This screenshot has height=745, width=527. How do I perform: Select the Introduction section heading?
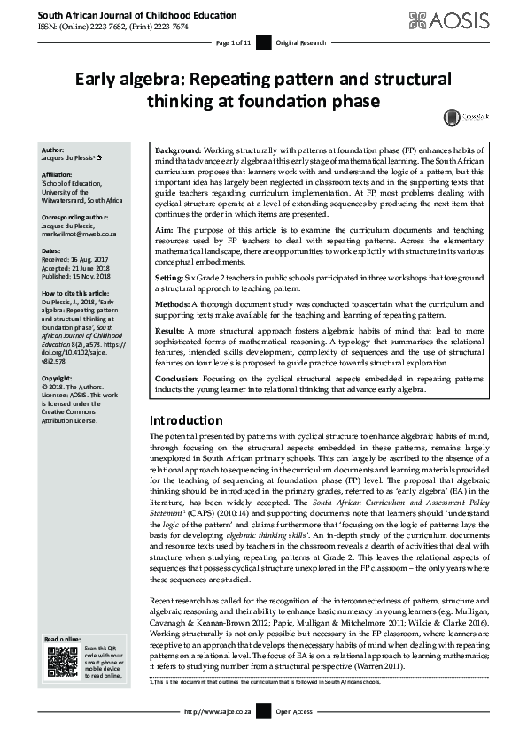(x=186, y=419)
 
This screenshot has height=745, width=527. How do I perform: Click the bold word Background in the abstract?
(x=179, y=151)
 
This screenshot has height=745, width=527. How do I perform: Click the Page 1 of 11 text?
(x=234, y=42)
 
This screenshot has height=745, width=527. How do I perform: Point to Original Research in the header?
(x=300, y=42)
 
